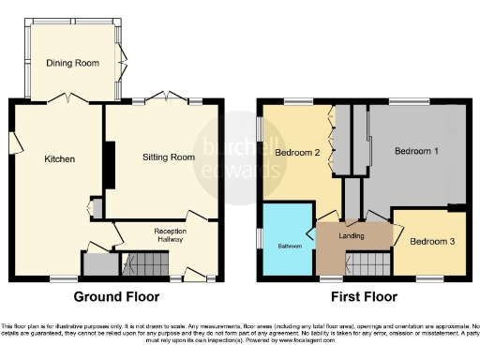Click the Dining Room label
click(x=72, y=63)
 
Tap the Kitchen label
click(x=59, y=159)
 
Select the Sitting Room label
click(x=169, y=157)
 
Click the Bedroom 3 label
click(x=432, y=242)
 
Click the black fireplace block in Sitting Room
click(x=109, y=168)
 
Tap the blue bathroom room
click(x=287, y=242)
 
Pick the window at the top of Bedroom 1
click(x=403, y=101)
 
